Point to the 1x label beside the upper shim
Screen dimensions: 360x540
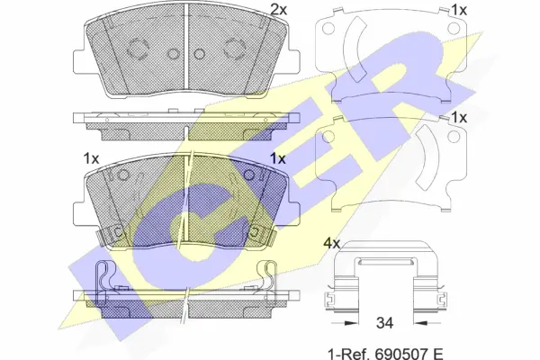click(459, 11)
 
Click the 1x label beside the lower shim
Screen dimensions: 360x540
click(459, 118)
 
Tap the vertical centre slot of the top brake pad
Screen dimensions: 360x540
click(185, 49)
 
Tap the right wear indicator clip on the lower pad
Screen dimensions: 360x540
click(262, 236)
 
